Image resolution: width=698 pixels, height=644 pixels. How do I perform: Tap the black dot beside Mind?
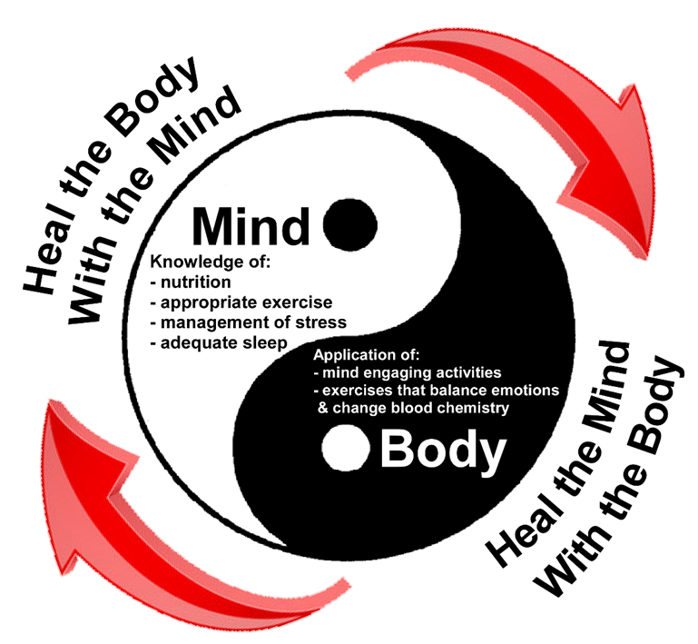[x=350, y=223]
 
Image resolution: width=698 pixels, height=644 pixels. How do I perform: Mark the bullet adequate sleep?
[x=221, y=342]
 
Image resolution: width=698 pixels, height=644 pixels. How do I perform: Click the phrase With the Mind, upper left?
[x=151, y=208]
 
